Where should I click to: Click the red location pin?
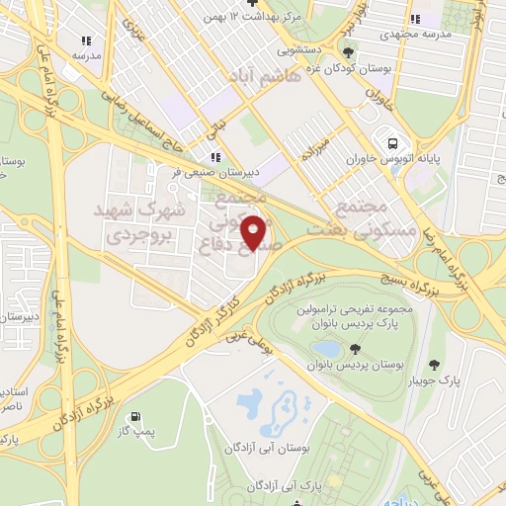(254, 232)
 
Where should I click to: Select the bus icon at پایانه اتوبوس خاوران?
(394, 140)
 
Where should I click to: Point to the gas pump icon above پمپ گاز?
(134, 417)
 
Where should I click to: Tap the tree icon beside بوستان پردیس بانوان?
(354, 349)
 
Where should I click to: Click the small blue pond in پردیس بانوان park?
(323, 350)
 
